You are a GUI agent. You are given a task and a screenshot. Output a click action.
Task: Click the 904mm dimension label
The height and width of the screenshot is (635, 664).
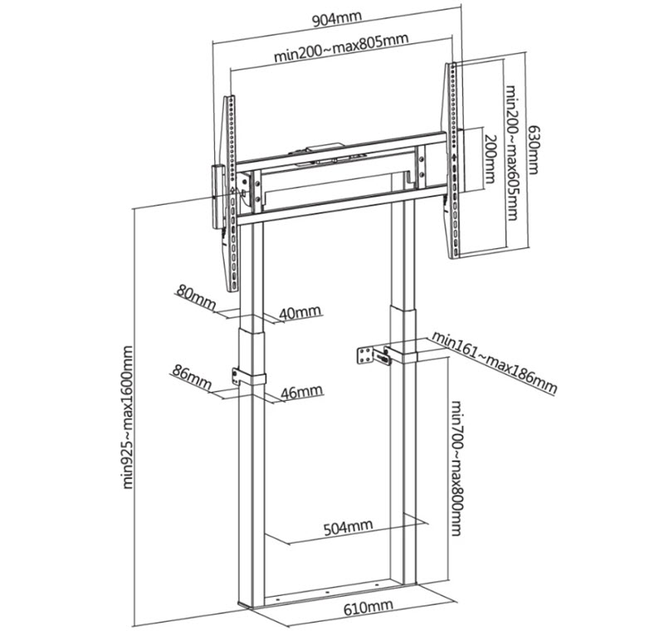[x=337, y=19]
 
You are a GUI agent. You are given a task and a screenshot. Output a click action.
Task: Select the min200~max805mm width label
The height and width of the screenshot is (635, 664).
[x=341, y=47]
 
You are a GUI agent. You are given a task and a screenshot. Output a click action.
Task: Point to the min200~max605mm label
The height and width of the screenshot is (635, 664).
[x=512, y=153]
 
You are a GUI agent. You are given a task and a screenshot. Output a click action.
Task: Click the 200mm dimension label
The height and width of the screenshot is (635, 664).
[x=490, y=159]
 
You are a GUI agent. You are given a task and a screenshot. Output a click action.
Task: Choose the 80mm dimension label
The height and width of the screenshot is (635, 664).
[x=196, y=297]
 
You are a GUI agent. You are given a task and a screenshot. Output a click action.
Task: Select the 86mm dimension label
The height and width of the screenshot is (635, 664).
[x=192, y=377]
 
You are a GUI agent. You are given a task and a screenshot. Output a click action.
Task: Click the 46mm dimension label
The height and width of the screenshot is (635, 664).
[x=302, y=391]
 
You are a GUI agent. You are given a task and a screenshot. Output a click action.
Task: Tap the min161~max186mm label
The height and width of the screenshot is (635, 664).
[x=494, y=362]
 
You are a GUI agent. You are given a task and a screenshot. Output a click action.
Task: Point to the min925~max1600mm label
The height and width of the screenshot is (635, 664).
[x=128, y=418]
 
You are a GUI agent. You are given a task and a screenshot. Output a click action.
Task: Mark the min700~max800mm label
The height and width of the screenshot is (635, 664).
[x=456, y=468]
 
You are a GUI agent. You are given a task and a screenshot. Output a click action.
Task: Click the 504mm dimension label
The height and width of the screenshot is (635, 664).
[x=348, y=527]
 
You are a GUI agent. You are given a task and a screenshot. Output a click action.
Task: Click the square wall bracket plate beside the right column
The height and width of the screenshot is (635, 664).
[x=367, y=355]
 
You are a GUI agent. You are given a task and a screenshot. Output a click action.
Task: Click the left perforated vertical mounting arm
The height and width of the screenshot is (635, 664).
[x=231, y=193]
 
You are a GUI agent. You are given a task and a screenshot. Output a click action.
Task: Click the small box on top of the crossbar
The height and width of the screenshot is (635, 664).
[x=324, y=148]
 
